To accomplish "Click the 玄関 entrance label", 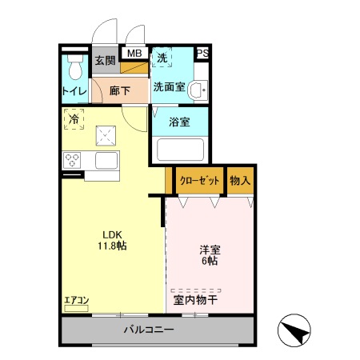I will pyautogui.click(x=105, y=60).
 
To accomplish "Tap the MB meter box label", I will pyautogui.click(x=134, y=54).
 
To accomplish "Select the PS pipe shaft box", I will pyautogui.click(x=203, y=54).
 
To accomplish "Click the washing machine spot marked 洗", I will pyautogui.click(x=162, y=58).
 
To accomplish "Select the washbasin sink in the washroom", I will pyautogui.click(x=198, y=90).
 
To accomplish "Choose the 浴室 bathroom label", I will pyautogui.click(x=179, y=122).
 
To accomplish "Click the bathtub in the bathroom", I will pyautogui.click(x=179, y=150).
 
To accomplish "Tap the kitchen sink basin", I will pyautogui.click(x=106, y=159).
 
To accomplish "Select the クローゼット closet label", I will pyautogui.click(x=199, y=181).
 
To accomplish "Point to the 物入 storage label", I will pyautogui.click(x=240, y=181).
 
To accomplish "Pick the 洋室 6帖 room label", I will pyautogui.click(x=210, y=255).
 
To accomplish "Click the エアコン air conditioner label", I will pyautogui.click(x=77, y=300).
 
